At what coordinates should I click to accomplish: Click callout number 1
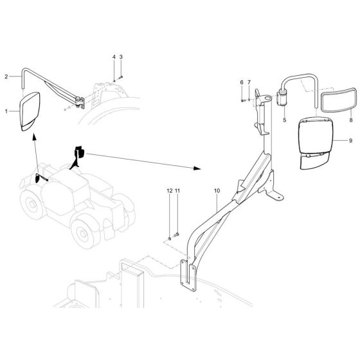click(x=7, y=111)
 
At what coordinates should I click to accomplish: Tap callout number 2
click(x=7, y=76)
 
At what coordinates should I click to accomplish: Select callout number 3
click(x=120, y=57)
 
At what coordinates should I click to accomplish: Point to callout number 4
click(x=114, y=57)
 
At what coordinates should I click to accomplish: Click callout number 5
click(x=283, y=119)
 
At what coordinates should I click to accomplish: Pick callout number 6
click(x=242, y=82)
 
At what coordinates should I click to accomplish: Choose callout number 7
click(x=249, y=82)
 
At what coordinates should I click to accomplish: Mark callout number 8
click(x=351, y=119)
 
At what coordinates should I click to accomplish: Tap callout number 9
click(x=351, y=140)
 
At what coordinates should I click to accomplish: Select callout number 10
click(x=217, y=190)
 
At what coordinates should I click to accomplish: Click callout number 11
click(x=177, y=191)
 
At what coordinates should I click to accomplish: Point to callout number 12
click(x=170, y=191)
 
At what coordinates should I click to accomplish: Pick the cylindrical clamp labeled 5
click(x=281, y=100)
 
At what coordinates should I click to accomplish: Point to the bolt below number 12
click(x=170, y=238)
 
